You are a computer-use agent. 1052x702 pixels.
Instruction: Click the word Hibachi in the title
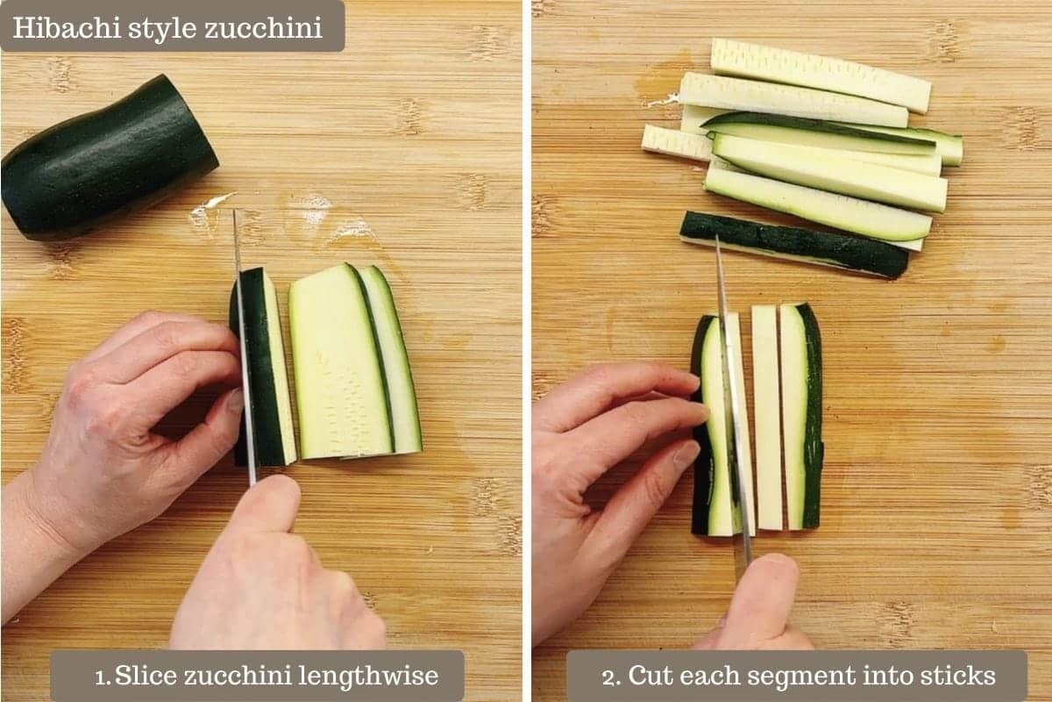point(67,28)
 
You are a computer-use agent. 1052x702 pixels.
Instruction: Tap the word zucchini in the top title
point(264,28)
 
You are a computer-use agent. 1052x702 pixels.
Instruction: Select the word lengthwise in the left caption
point(368,677)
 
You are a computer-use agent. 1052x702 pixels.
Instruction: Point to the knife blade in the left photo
point(245,348)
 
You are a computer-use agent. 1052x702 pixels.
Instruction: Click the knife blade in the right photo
point(733,399)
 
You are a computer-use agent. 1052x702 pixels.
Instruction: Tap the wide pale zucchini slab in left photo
point(340,362)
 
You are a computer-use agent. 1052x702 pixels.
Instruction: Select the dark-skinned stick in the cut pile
point(793,245)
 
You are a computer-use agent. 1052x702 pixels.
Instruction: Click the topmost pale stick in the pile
point(821,75)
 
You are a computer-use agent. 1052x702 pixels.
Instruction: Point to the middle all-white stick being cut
point(766,419)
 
